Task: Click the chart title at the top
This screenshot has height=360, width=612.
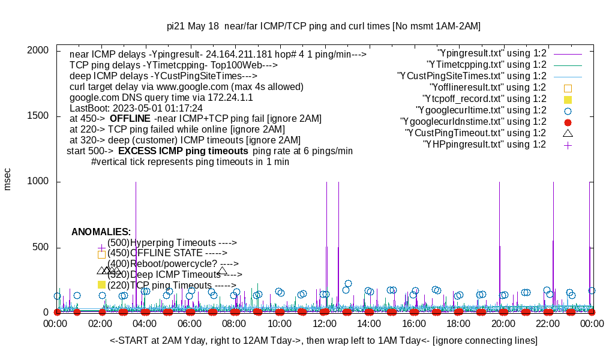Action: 323,26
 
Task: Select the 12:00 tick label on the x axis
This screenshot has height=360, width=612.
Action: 324,324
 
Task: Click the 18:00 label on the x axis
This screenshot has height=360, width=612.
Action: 458,324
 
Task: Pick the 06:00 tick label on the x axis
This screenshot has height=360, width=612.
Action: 190,324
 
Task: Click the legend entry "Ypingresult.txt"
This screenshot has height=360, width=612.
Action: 492,53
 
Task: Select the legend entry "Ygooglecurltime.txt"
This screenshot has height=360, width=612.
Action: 481,110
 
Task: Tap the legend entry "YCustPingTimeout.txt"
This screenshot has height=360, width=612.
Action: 475,133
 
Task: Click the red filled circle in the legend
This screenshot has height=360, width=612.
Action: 568,122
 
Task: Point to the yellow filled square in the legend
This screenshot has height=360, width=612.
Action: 568,99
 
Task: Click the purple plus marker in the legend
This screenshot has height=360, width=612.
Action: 568,145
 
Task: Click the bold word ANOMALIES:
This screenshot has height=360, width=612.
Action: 101,232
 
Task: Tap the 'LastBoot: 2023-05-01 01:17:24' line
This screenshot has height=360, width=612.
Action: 136,108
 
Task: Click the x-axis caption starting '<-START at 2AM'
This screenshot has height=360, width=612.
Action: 323,341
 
